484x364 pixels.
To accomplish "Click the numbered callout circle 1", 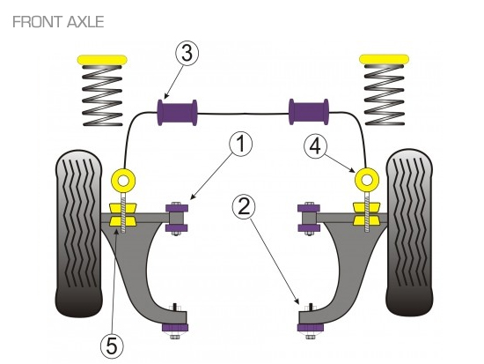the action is [240, 144].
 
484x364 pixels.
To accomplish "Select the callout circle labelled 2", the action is [244, 207].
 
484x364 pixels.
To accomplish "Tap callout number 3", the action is [187, 53].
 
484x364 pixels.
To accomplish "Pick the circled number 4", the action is [315, 146].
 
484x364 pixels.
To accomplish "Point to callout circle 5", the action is [112, 346].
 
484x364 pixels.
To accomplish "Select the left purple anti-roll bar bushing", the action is [177, 112].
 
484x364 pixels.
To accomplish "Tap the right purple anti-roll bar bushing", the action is [309, 112].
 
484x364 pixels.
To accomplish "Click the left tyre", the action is [78, 234].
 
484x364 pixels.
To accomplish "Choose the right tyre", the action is [409, 233].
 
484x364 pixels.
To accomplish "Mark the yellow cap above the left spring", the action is [102, 60].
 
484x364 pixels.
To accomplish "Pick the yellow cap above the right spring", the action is [385, 59].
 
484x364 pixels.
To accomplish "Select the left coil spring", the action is [102, 96].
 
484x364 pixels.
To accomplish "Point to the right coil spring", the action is [385, 95].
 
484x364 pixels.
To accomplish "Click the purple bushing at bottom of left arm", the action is [175, 327].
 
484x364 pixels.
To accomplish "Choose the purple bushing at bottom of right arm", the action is [311, 327].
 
